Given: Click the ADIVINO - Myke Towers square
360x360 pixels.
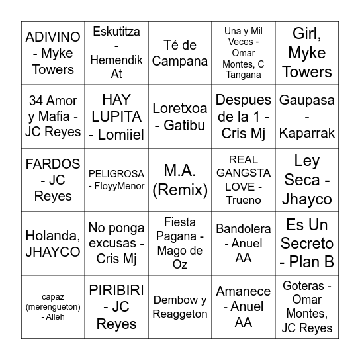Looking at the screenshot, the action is (x=53, y=53).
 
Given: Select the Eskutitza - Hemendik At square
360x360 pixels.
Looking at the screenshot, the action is (x=116, y=53).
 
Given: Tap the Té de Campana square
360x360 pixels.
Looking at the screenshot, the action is (x=180, y=53).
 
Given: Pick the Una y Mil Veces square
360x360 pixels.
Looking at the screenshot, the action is (x=244, y=53).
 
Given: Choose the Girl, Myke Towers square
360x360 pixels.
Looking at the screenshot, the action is (x=307, y=53).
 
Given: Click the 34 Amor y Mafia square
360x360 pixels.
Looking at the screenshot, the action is (x=53, y=116).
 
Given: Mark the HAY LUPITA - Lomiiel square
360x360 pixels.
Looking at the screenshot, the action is (x=116, y=116).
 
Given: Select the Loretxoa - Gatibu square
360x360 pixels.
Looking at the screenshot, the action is (x=180, y=116).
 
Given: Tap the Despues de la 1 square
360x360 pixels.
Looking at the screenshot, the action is (x=244, y=116).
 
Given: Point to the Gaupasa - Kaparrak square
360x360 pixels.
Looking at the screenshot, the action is (x=307, y=116).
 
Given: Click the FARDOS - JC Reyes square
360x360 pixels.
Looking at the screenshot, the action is (x=53, y=180).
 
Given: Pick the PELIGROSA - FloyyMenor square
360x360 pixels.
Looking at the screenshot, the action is (x=116, y=180).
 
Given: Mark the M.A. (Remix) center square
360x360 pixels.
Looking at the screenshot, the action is (x=180, y=180).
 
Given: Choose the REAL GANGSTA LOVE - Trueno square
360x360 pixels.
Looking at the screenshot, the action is (x=244, y=180).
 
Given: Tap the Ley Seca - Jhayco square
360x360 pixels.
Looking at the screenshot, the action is (x=307, y=180).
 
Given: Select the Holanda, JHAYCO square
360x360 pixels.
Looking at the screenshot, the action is (x=53, y=244).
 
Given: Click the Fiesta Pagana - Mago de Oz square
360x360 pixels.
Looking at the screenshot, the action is (x=180, y=244).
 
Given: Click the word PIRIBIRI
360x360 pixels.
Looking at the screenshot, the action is (x=116, y=291).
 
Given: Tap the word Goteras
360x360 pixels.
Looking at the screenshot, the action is (x=307, y=286).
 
